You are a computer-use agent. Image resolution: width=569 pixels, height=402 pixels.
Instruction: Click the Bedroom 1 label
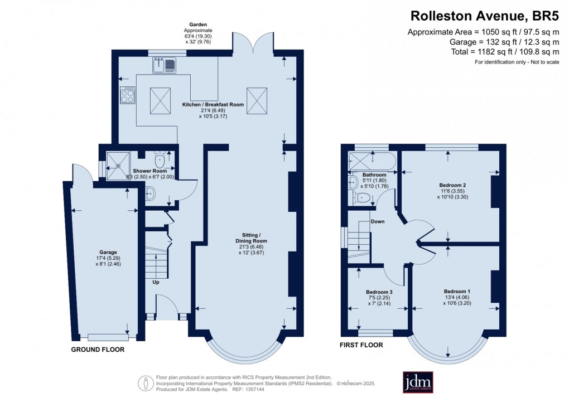pos(457,291)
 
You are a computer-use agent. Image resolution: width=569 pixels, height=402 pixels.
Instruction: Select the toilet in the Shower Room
pos(160,160)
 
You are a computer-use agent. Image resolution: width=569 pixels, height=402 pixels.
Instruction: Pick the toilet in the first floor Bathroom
pos(363,197)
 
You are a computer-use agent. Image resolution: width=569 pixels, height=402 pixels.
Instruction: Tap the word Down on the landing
pos(378,221)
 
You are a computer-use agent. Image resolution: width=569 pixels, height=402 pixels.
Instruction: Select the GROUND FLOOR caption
pos(98,350)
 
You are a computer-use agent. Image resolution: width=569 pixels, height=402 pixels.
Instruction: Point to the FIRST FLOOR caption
pos(361,345)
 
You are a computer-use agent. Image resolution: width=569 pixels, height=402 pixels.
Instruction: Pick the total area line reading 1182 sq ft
pos(503,52)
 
